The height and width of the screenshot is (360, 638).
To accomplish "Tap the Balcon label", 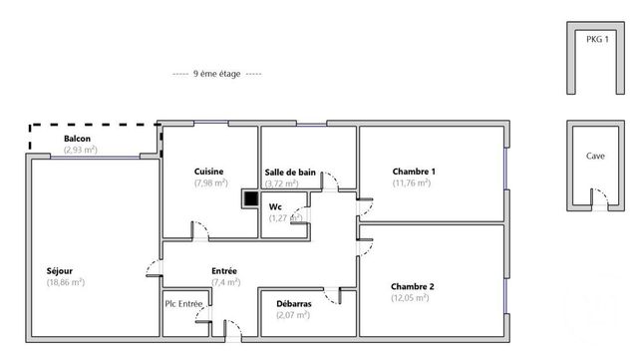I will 79,139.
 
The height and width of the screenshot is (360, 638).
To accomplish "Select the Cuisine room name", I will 209,171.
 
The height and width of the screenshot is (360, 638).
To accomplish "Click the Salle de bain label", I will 290,173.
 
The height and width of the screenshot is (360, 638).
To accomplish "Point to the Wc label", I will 275,206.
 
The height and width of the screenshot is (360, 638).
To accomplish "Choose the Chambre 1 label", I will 414,171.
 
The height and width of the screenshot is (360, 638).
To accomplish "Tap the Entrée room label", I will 224,270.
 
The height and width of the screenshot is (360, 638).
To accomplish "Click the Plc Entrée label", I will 184,303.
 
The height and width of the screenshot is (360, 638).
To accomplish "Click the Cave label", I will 595,157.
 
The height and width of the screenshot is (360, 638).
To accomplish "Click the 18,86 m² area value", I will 65,282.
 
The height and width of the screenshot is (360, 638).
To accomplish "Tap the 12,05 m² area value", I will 411,297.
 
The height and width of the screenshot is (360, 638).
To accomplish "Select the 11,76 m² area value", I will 411,182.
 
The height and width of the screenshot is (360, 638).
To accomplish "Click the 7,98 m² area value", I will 210,182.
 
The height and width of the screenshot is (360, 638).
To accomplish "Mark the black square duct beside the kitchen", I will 249,198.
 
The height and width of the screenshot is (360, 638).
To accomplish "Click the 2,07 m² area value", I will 292,315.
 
